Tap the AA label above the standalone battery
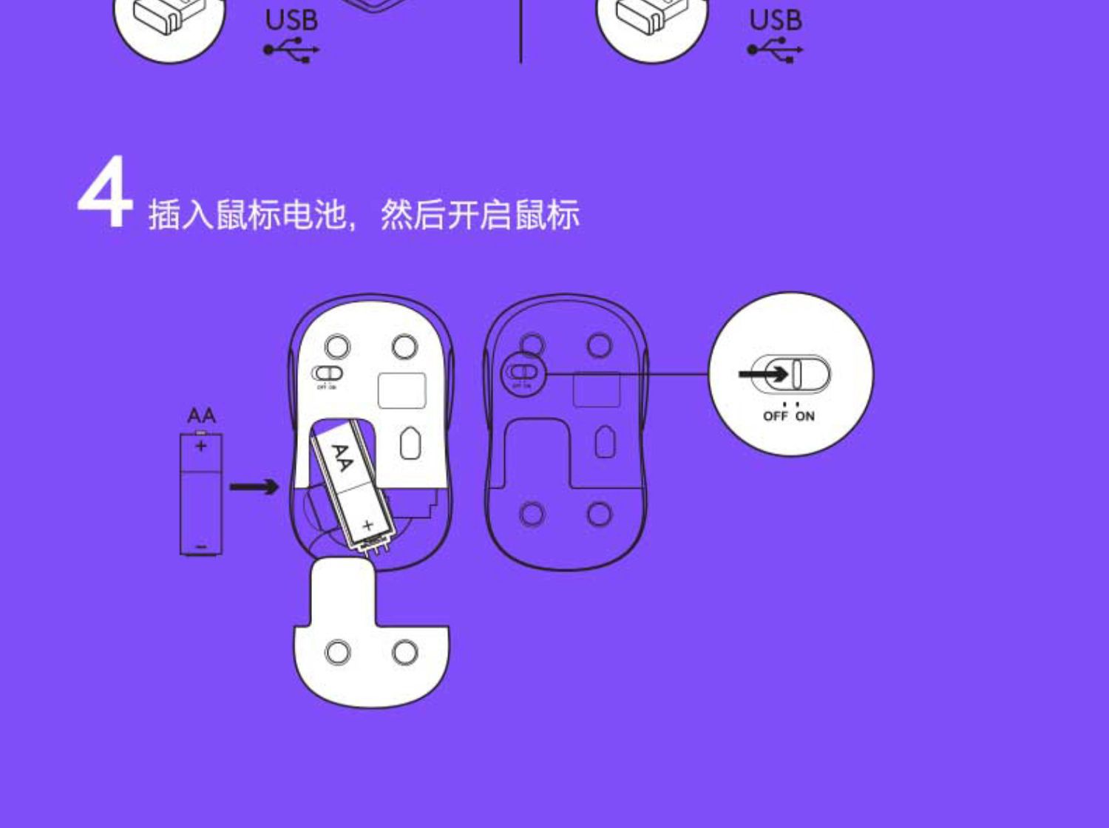click(201, 415)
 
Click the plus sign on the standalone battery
click(201, 446)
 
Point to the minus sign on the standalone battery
click(201, 547)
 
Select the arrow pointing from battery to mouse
click(254, 486)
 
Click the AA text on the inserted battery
click(341, 458)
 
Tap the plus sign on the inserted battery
click(367, 526)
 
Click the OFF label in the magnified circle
click(775, 416)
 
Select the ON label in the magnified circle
click(805, 416)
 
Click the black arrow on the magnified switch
click(764, 374)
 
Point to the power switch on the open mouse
click(327, 373)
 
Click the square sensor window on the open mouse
click(401, 390)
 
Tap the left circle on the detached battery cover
click(338, 652)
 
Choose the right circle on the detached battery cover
click(405, 652)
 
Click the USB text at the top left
click(291, 21)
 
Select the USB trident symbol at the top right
click(775, 50)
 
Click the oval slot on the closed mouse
click(605, 442)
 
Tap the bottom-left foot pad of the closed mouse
click(532, 514)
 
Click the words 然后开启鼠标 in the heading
click(480, 215)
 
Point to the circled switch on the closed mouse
click(523, 373)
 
